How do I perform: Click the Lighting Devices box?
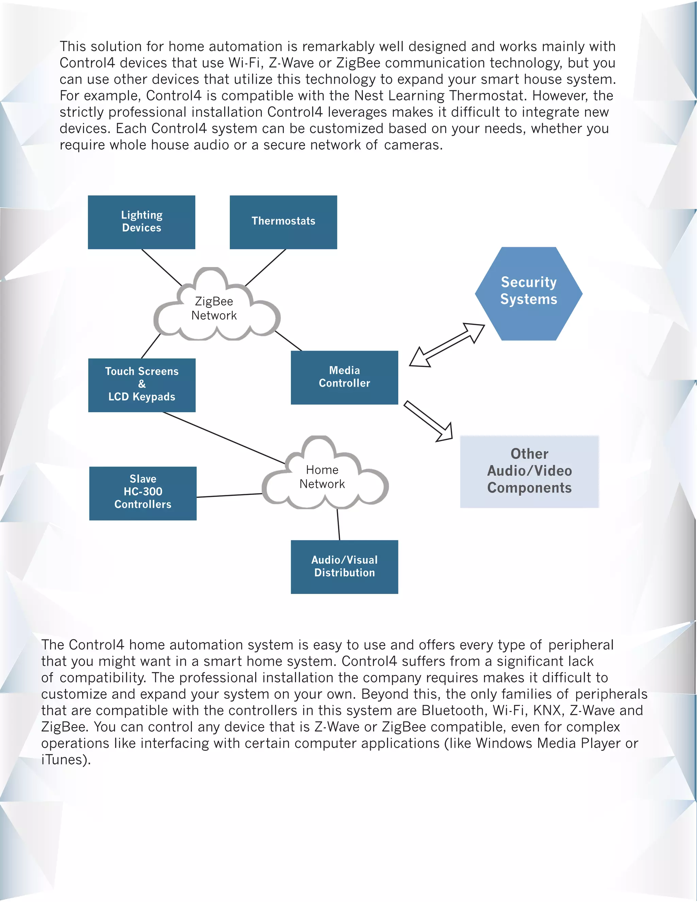click(x=141, y=222)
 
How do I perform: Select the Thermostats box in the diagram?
click(x=283, y=222)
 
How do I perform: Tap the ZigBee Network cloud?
click(x=214, y=308)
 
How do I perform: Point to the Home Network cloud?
click(x=322, y=477)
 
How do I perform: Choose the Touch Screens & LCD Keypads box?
click(x=142, y=385)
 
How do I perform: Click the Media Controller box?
click(x=344, y=377)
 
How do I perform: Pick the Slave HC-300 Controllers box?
click(x=143, y=493)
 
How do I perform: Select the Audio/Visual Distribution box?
click(x=344, y=566)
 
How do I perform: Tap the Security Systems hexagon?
click(x=529, y=293)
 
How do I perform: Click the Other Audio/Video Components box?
click(x=529, y=471)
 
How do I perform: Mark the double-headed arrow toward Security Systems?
click(x=447, y=345)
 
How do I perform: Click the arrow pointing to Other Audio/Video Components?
click(x=428, y=421)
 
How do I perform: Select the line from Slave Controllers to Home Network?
click(x=229, y=495)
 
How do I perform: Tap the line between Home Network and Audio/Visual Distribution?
click(x=338, y=525)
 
